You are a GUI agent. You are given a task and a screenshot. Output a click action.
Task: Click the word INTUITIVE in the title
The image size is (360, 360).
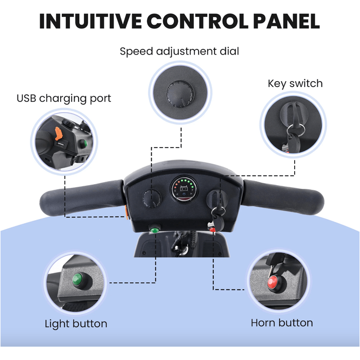pyautogui.click(x=90, y=21)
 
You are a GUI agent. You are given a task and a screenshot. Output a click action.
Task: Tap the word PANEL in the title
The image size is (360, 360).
pyautogui.click(x=286, y=21)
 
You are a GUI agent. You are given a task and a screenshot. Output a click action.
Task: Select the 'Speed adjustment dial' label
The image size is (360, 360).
pyautogui.click(x=179, y=51)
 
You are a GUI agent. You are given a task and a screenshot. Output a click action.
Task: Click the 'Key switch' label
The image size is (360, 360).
pyautogui.click(x=295, y=83)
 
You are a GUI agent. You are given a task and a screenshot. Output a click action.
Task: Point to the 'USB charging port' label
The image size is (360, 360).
pyautogui.click(x=64, y=99)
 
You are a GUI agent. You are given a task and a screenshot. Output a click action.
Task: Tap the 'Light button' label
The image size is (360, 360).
pyautogui.click(x=76, y=323)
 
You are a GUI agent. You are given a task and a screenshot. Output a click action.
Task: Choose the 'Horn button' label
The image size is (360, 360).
pyautogui.click(x=282, y=323)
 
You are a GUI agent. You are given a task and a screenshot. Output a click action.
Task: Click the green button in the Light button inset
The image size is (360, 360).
pyautogui.click(x=78, y=279)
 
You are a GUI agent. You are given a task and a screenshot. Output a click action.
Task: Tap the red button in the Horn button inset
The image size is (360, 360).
pyautogui.click(x=273, y=282)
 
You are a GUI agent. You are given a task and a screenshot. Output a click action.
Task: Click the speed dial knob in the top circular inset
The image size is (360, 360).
pyautogui.click(x=180, y=94)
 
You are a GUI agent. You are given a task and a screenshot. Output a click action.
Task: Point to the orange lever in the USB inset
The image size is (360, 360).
pyautogui.click(x=59, y=133)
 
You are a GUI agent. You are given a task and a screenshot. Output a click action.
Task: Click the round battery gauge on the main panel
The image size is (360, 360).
pyautogui.click(x=184, y=189)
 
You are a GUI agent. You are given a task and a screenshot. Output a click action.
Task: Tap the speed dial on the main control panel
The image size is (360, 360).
pyautogui.click(x=152, y=198)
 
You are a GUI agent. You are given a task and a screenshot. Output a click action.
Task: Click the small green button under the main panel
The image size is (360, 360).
pyautogui.click(x=154, y=229)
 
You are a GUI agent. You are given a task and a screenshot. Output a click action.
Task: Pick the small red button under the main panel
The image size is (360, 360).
pyautogui.click(x=212, y=229)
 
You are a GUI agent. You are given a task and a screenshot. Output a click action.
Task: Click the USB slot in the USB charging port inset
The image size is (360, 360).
pyautogui.click(x=61, y=144)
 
